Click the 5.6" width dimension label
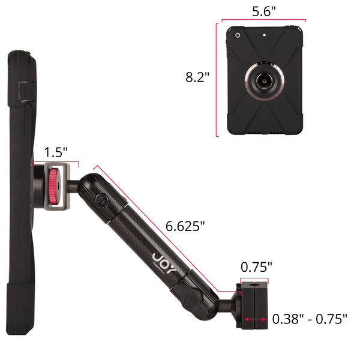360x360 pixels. [264, 11]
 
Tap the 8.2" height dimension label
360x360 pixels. [197, 77]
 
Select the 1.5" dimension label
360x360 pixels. [56, 152]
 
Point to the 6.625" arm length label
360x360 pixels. [185, 226]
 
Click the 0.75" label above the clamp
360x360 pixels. [256, 267]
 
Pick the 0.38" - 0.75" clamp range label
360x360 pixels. [310, 319]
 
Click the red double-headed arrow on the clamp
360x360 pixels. [256, 319]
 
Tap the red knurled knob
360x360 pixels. [53, 186]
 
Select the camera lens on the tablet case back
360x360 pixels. [238, 35]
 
